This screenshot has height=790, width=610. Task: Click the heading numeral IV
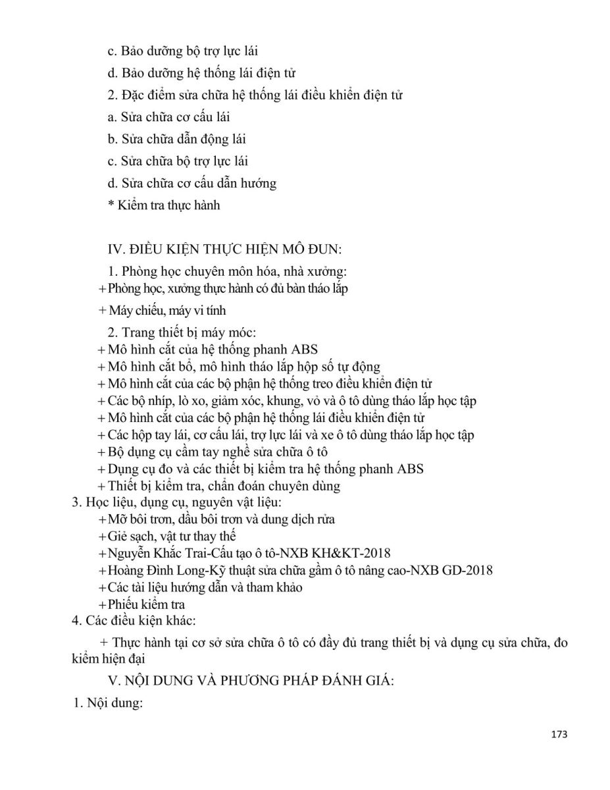pos(116,248)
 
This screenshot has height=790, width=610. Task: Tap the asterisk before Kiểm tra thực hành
pos(111,205)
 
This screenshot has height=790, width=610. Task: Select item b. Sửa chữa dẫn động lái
pos(176,140)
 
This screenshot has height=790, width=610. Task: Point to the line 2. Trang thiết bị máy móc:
pos(177,332)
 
